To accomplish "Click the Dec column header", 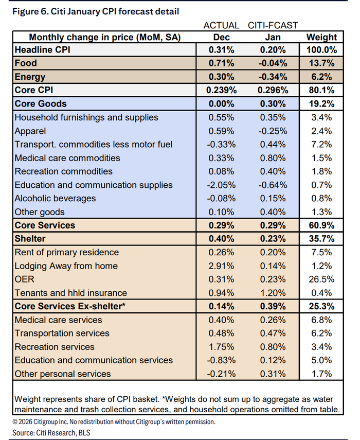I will tap(222, 37).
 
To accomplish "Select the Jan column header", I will tap(273, 37).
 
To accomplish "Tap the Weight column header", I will tap(321, 37).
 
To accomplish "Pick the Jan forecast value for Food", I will tap(273, 64).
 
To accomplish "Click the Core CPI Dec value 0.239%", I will tap(222, 91).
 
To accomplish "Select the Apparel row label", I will tap(30, 131).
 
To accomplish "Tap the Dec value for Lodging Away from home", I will tap(222, 266).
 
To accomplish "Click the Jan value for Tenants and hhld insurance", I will tap(273, 293).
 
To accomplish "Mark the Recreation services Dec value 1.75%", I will tap(222, 347).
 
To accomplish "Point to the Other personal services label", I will tap(63, 374).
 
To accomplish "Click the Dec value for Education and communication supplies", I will tap(222, 185).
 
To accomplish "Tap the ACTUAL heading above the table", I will tap(222, 25).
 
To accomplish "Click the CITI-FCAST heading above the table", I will tap(273, 25).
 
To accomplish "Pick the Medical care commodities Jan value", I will tap(273, 158).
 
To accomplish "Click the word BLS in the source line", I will tap(81, 433).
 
